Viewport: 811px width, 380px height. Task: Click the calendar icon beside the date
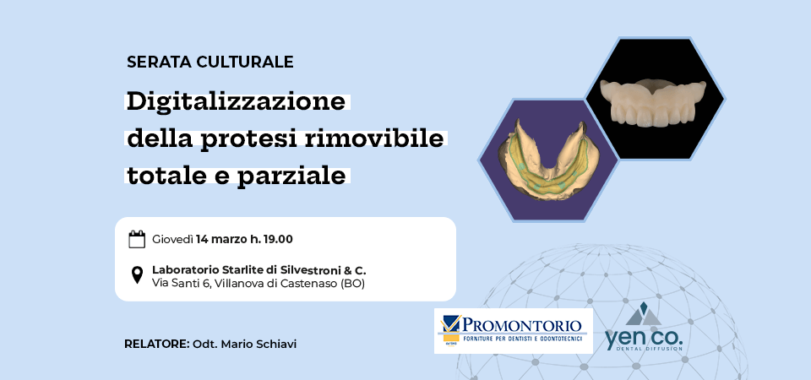click(137, 239)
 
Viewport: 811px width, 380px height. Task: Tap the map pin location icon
click(137, 275)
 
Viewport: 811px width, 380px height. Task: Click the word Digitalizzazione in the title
click(236, 102)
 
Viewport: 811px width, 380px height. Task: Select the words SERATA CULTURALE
click(210, 62)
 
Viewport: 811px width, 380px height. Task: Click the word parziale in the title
click(291, 176)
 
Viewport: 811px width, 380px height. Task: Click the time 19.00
click(278, 239)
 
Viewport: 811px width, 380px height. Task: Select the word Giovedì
click(172, 239)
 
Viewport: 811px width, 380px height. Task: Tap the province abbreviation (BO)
click(352, 284)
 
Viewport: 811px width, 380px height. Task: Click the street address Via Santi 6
click(181, 284)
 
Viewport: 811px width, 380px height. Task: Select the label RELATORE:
click(157, 345)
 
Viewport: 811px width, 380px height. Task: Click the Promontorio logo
click(514, 331)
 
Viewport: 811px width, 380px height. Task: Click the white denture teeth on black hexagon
click(653, 102)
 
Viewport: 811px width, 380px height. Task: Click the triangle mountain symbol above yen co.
click(644, 315)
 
